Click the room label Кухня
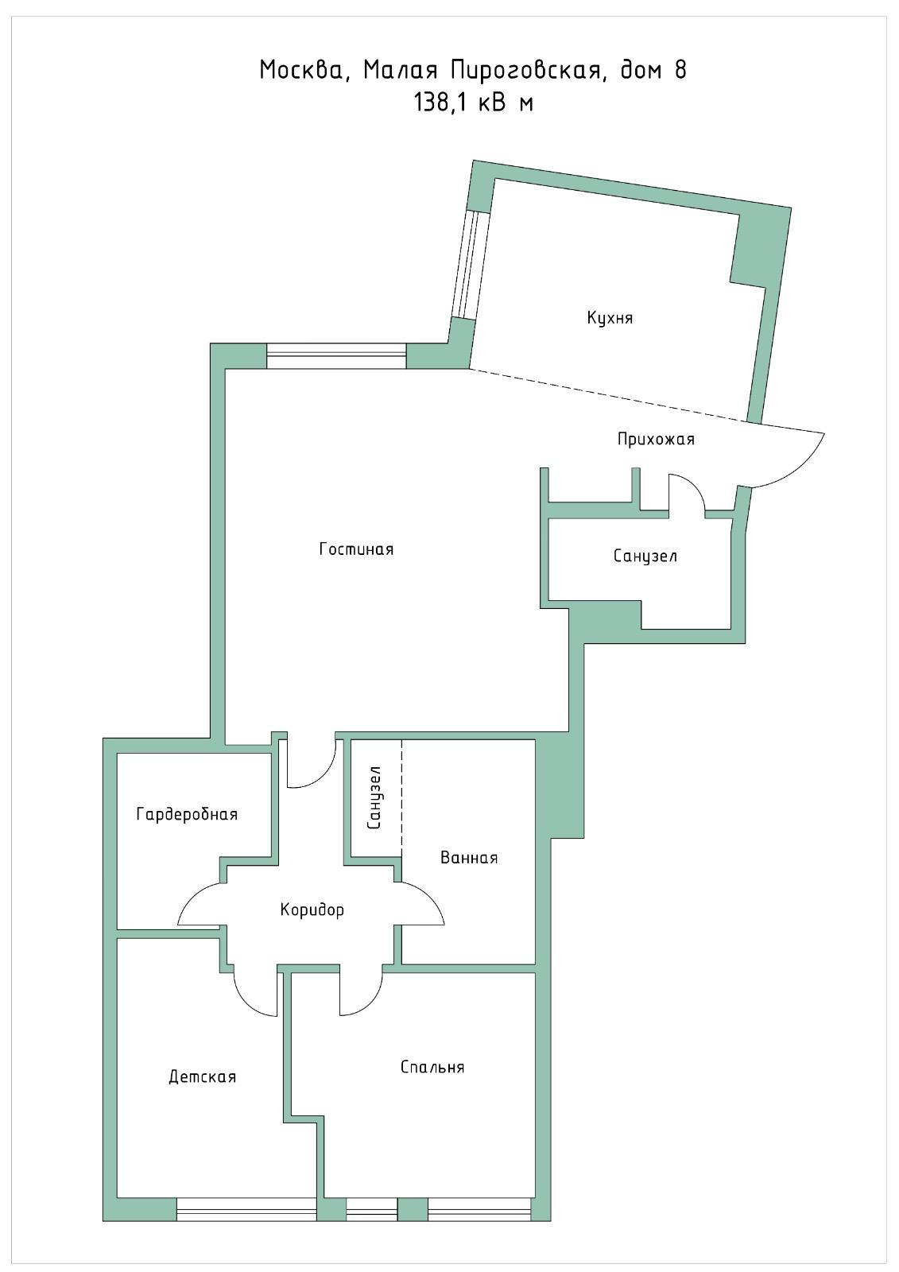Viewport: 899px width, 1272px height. click(610, 317)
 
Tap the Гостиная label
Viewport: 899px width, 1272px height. click(356, 549)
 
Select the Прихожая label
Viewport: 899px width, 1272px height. click(656, 439)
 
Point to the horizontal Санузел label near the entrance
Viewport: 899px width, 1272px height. click(645, 556)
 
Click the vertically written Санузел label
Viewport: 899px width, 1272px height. click(374, 797)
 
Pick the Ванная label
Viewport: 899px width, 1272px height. click(469, 858)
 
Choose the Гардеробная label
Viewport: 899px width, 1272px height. click(187, 814)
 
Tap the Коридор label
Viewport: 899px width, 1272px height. click(312, 910)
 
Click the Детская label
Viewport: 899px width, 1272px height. click(202, 1076)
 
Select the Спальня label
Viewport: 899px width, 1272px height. click(432, 1067)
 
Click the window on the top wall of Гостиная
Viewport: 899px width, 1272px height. click(336, 356)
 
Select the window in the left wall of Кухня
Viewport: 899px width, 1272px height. click(471, 265)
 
